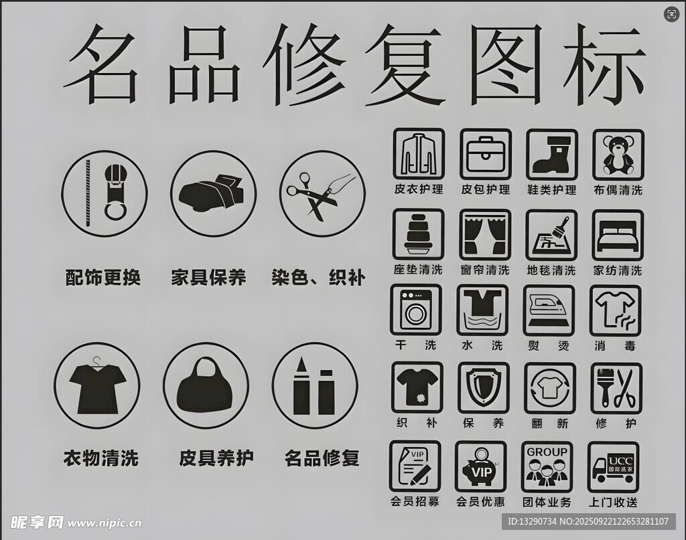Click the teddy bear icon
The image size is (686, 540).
(618, 155)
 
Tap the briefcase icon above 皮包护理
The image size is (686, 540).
(486, 154)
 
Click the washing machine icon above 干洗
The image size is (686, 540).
(415, 310)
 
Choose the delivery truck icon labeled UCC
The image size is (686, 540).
(613, 468)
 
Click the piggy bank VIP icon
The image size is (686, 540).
(480, 467)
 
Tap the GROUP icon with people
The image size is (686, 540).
(547, 466)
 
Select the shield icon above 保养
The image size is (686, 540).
(484, 387)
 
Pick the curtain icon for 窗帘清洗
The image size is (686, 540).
(485, 235)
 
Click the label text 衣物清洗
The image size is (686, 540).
(101, 458)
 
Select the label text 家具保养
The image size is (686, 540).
(208, 278)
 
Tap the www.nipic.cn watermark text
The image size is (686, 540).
(104, 523)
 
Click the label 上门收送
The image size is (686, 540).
(613, 502)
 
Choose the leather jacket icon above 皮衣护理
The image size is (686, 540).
(419, 154)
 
